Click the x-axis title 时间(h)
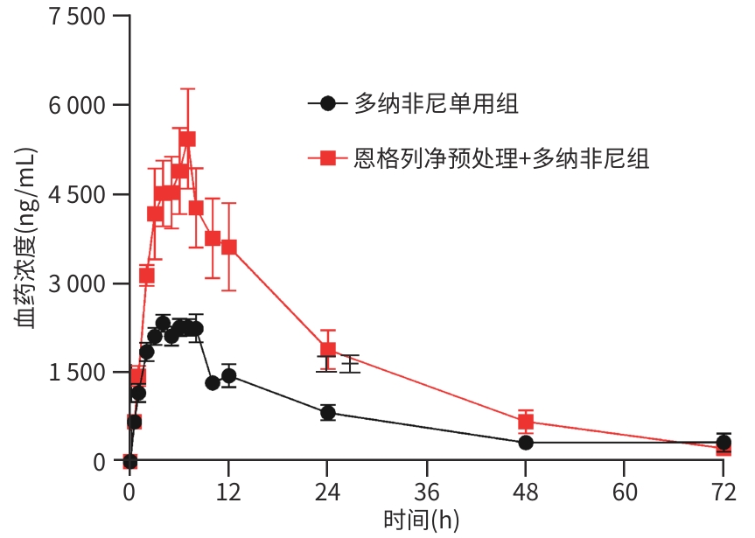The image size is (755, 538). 421,521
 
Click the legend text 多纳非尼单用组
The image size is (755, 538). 436,104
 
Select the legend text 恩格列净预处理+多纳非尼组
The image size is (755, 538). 501,158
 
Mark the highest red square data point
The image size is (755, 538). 187,138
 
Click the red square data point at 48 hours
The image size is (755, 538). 526,422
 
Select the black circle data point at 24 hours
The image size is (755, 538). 328,413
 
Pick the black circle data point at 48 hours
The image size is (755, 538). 526,443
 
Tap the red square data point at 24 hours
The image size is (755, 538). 328,350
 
